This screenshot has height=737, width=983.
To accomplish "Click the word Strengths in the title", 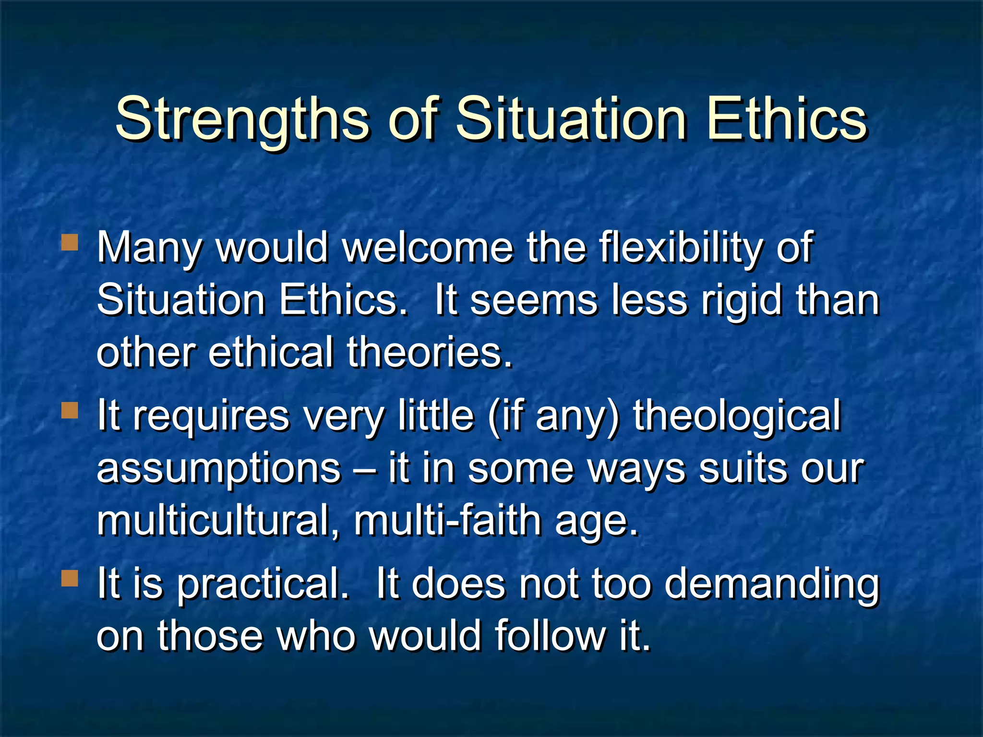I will tap(242, 119).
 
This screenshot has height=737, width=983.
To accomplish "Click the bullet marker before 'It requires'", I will tap(70, 411).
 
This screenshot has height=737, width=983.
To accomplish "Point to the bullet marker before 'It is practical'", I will tap(70, 579).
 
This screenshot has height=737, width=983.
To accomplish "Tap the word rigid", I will tap(742, 300).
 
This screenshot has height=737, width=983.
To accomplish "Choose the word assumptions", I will tap(218, 469).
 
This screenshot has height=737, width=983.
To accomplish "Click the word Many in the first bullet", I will tap(149, 249).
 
